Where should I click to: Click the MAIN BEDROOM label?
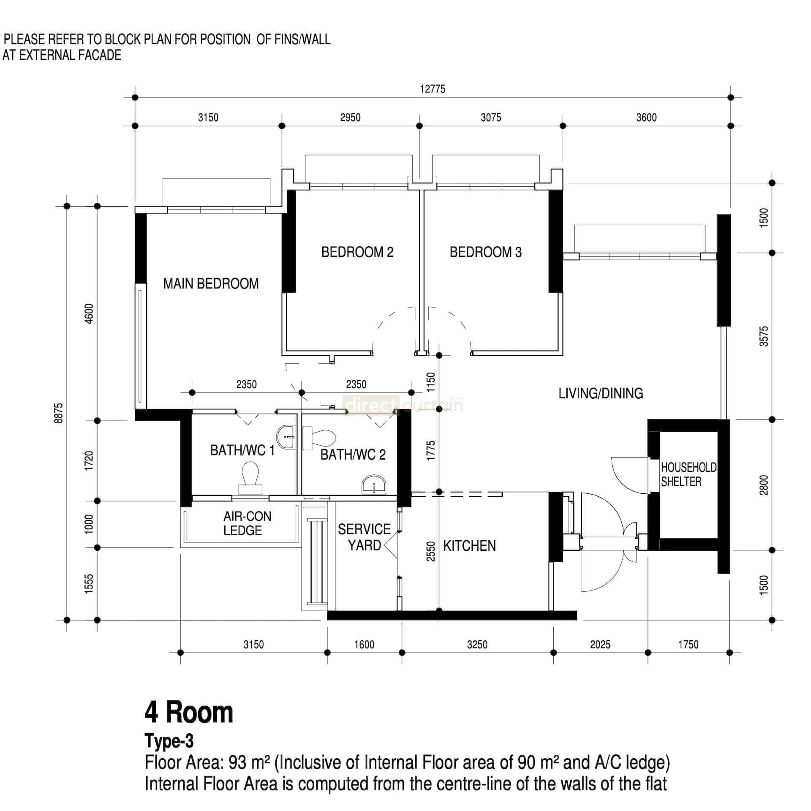(211, 283)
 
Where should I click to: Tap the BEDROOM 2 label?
(357, 252)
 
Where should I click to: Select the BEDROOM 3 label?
(485, 252)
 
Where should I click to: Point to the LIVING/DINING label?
(601, 393)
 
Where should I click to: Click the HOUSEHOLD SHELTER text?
(688, 474)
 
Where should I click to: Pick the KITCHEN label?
(469, 546)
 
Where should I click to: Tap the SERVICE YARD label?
(364, 537)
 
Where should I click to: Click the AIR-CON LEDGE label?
(247, 523)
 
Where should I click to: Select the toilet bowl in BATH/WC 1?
(250, 477)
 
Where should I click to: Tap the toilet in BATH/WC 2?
(320, 438)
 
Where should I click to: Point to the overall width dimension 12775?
(433, 89)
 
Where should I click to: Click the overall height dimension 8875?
(59, 413)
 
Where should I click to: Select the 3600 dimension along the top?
(646, 117)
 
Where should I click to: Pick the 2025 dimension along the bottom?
(600, 644)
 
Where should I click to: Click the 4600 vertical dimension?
(89, 313)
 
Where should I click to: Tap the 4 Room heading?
(189, 712)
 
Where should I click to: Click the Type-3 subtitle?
(169, 741)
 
